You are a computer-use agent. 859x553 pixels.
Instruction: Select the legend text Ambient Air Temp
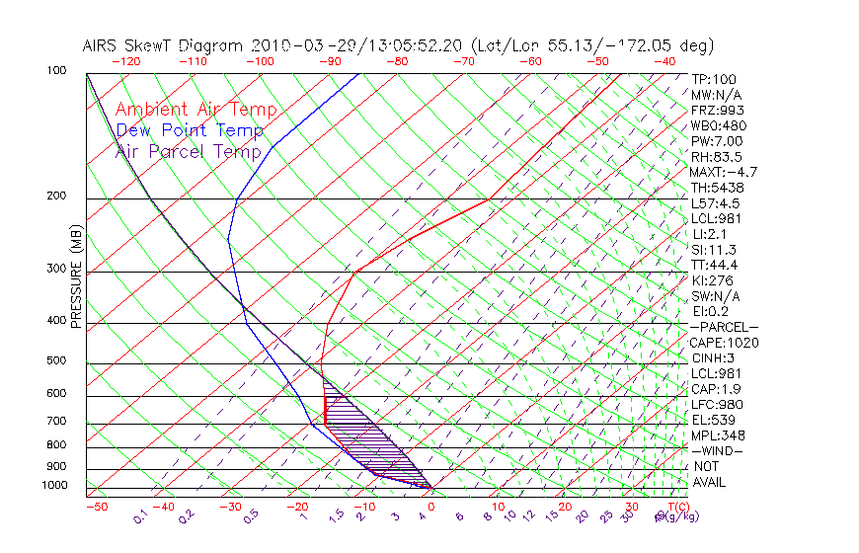(195, 110)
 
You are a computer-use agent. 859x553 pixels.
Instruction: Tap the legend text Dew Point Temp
(189, 130)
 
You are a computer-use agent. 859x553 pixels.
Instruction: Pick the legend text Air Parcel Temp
(188, 151)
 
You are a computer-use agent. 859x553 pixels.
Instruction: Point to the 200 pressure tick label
(56, 197)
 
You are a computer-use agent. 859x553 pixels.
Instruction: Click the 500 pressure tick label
(56, 361)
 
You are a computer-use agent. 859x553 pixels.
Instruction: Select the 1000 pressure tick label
(54, 485)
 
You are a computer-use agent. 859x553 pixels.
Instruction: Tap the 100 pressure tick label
(56, 71)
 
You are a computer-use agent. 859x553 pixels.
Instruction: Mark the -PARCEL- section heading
(724, 327)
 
